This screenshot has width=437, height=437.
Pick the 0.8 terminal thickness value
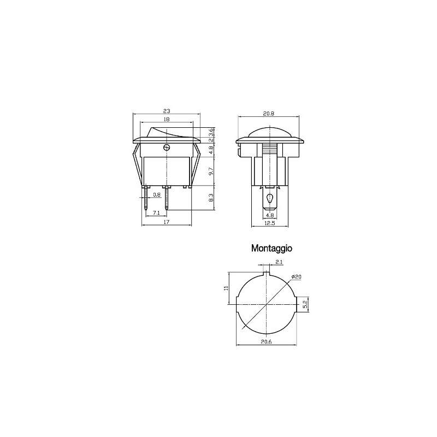pyautogui.click(x=157, y=194)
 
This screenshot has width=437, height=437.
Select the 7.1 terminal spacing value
pyautogui.click(x=156, y=212)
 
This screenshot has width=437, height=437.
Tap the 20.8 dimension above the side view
pyautogui.click(x=268, y=113)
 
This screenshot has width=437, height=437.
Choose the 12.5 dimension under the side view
pyautogui.click(x=268, y=223)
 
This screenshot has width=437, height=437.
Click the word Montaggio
pyautogui.click(x=272, y=248)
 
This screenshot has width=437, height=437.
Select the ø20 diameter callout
pyautogui.click(x=297, y=277)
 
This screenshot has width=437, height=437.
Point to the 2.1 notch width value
pyautogui.click(x=279, y=263)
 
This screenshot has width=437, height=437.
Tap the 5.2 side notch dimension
pyautogui.click(x=306, y=303)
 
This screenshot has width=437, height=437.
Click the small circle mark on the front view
pyautogui.click(x=167, y=147)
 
